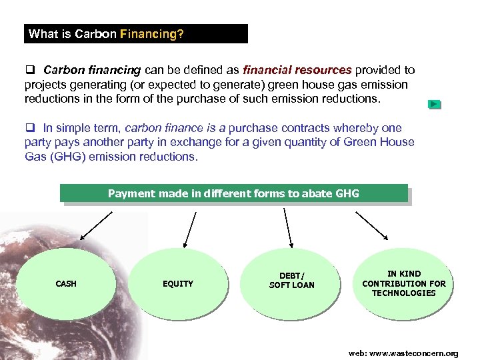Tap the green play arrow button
pyautogui.click(x=434, y=105)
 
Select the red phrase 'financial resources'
pyautogui.click(x=297, y=70)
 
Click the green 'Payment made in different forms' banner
pyautogui.click(x=233, y=193)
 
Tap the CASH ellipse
pyautogui.click(x=66, y=284)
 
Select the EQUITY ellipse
pyautogui.click(x=178, y=284)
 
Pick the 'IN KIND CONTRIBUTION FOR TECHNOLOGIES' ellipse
pyautogui.click(x=403, y=283)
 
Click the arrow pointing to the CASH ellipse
pyautogui.click(x=97, y=224)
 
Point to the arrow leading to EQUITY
pyautogui.click(x=190, y=227)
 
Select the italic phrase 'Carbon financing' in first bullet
pyautogui.click(x=92, y=70)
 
